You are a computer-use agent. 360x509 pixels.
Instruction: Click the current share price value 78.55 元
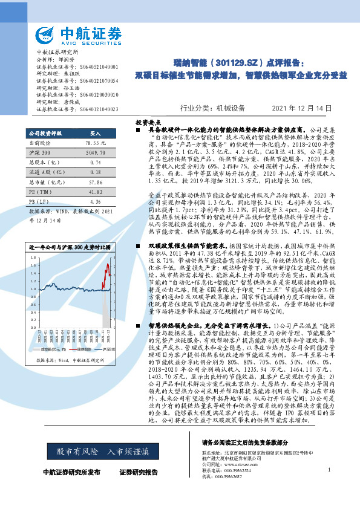point(96,142)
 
